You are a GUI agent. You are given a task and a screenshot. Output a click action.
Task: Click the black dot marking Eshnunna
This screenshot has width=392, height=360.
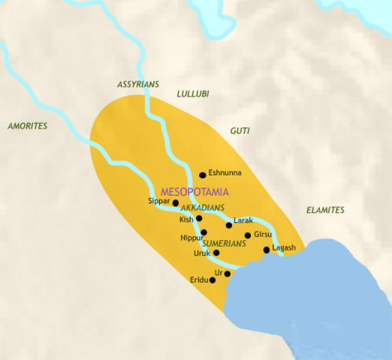click(203, 175)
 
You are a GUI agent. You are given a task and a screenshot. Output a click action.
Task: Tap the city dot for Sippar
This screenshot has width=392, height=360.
click(176, 202)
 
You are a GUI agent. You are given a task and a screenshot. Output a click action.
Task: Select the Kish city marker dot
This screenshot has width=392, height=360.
click(199, 218)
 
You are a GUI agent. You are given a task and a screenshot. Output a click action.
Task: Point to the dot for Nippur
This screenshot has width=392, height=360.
click(204, 232)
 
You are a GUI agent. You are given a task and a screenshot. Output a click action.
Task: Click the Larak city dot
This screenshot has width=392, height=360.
click(229, 225)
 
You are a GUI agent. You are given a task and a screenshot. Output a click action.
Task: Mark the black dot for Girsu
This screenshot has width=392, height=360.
click(248, 235)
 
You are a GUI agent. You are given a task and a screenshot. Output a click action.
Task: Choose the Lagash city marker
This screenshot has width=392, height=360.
click(267, 250)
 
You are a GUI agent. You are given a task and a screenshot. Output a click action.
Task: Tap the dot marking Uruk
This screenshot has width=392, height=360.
click(217, 253)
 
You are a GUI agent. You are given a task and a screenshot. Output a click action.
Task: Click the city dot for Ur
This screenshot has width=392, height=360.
click(228, 274)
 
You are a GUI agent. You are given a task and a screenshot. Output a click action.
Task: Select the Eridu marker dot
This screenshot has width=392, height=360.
click(213, 280)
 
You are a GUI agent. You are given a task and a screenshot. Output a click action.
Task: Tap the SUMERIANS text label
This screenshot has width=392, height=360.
click(224, 244)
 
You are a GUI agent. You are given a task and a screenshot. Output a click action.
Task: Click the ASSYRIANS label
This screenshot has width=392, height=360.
click(138, 85)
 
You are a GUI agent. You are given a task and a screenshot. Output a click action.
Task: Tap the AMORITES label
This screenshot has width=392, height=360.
click(27, 125)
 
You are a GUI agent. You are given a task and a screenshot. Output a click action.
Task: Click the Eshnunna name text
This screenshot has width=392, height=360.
click(225, 172)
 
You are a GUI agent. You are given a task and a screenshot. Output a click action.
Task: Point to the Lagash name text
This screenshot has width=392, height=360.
click(284, 247)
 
